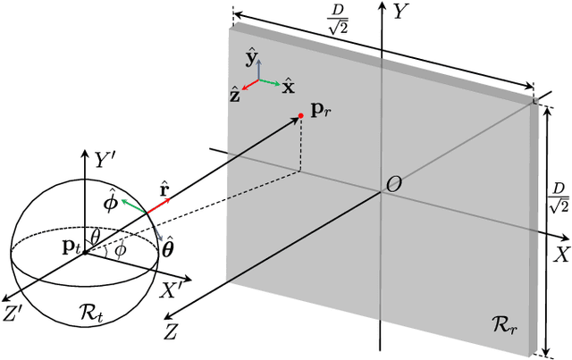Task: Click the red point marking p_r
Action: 301,116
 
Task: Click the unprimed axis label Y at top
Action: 401,13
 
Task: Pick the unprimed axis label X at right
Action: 561,255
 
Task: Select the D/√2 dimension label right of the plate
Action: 558,197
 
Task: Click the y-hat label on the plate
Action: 252,59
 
